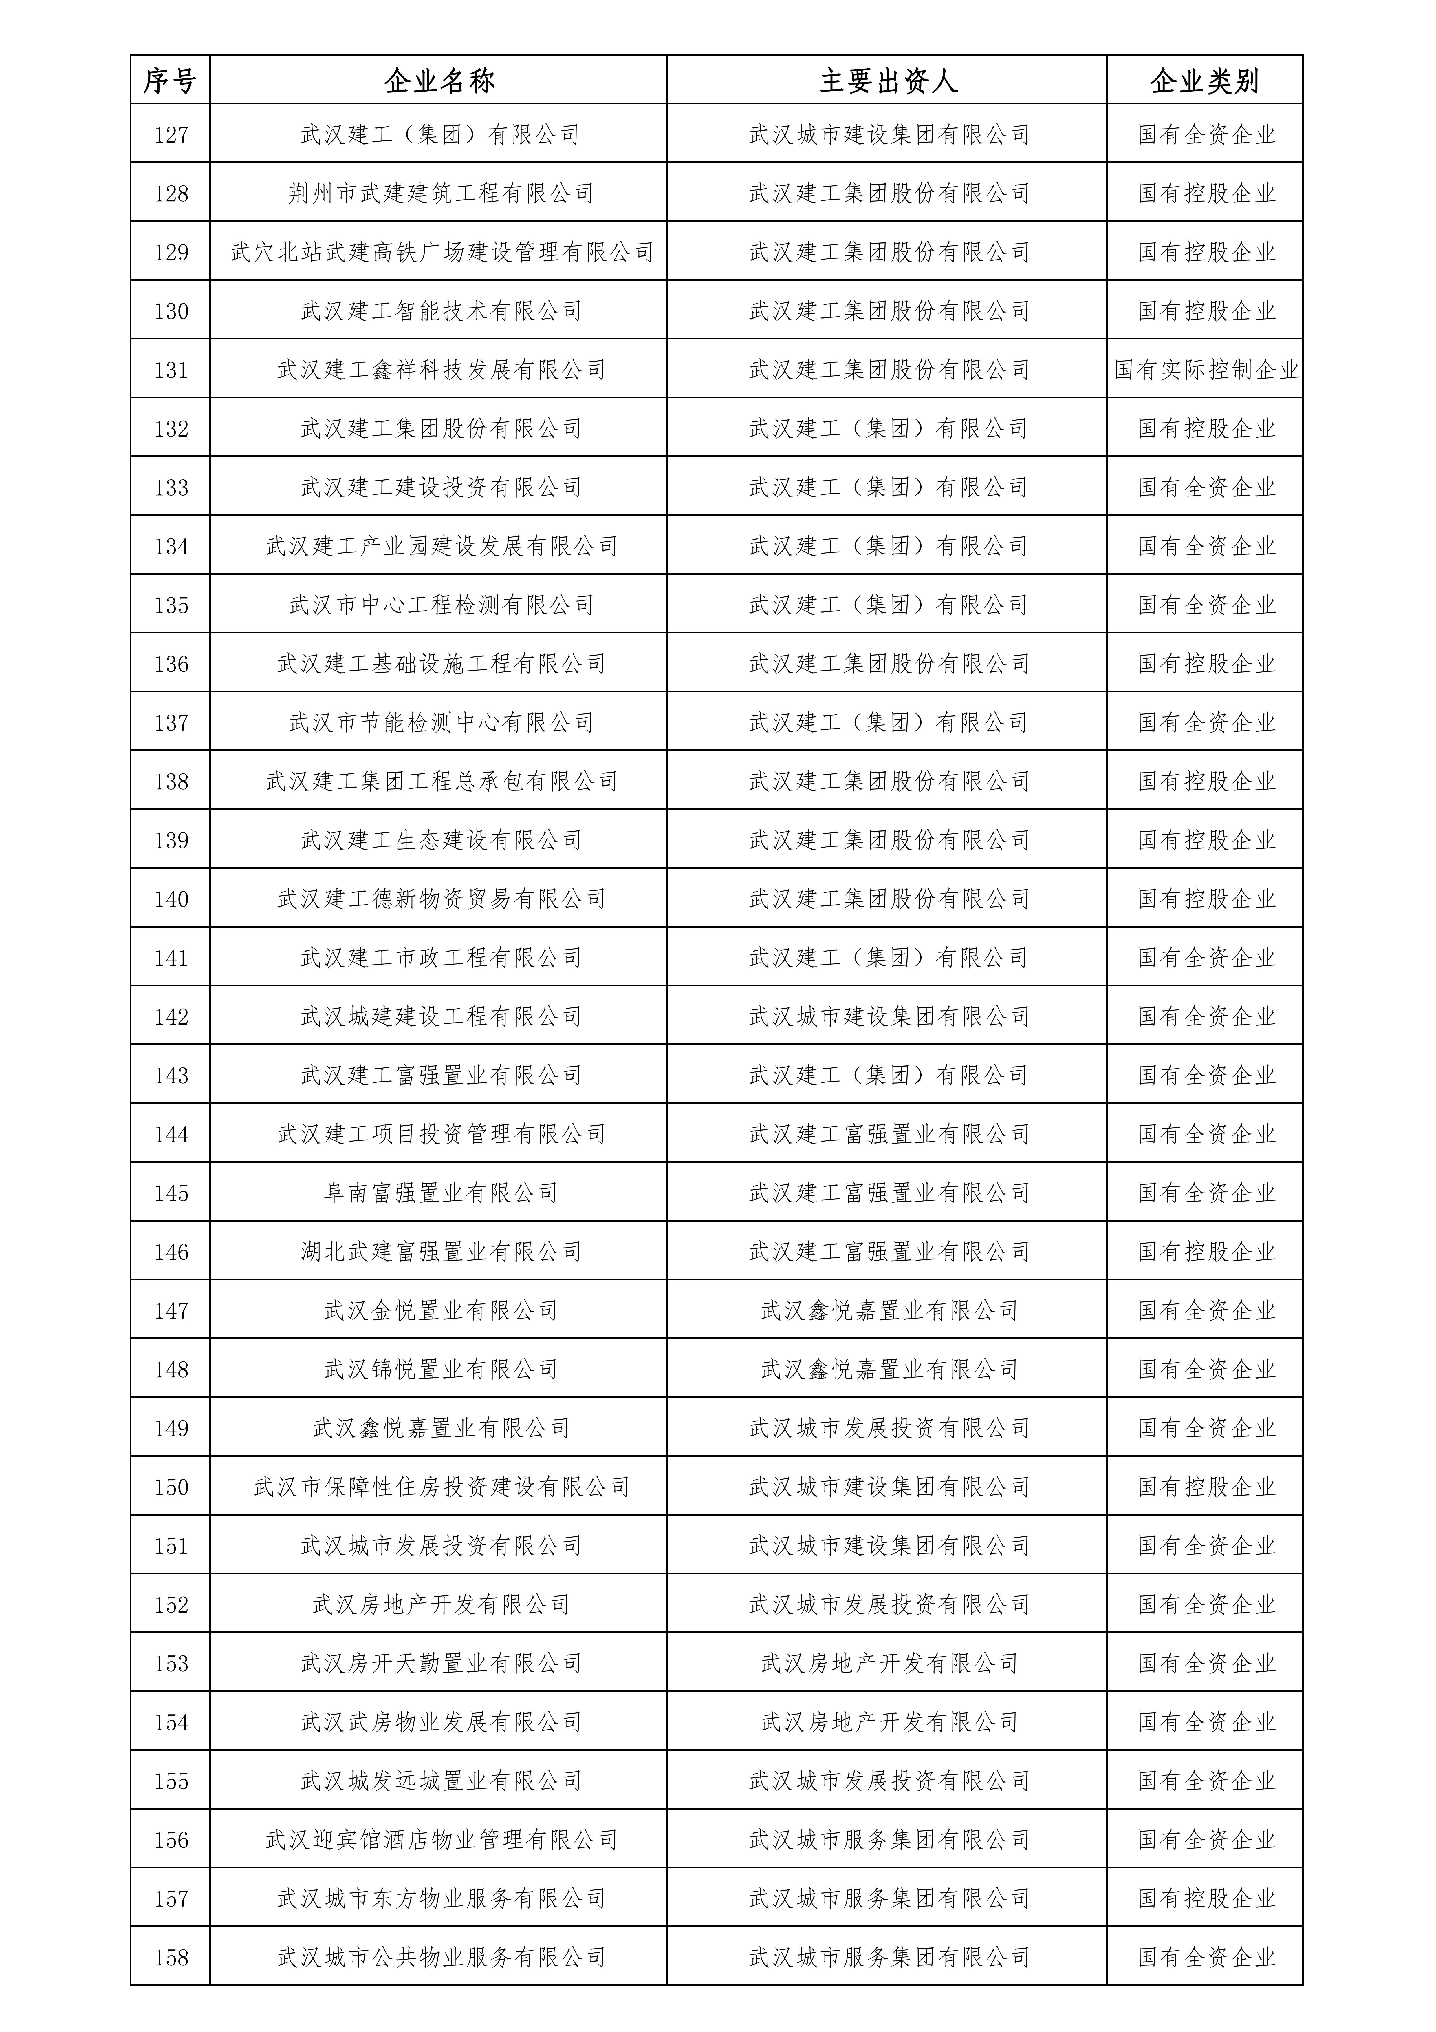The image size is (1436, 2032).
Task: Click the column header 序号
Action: (170, 81)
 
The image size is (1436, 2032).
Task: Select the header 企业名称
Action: (439, 81)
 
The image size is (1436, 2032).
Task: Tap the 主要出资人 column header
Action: (887, 81)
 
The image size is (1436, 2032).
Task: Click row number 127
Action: (171, 134)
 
